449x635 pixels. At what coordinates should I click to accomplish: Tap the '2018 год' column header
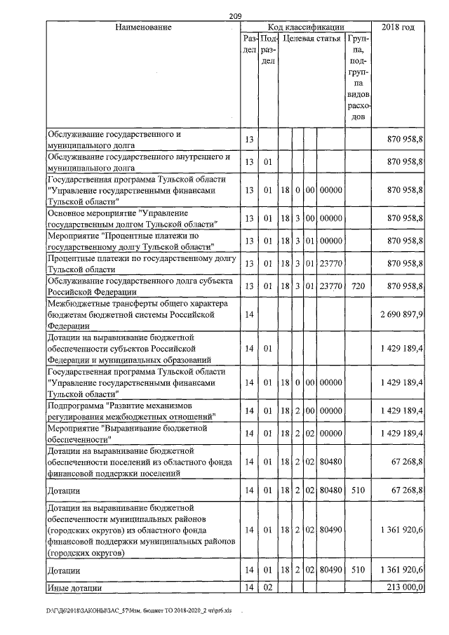point(398,27)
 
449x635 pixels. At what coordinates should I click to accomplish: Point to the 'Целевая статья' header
point(311,38)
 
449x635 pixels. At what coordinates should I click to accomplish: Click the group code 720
point(357,286)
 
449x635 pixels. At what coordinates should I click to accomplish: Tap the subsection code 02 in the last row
point(267,587)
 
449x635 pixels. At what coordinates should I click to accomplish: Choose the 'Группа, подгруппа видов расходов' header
point(358,77)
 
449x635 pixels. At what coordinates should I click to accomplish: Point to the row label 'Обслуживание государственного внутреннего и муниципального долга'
point(138,162)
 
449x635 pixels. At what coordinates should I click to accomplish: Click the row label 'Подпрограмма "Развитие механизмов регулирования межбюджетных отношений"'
point(130,410)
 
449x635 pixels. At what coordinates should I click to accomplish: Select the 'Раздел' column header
point(248,44)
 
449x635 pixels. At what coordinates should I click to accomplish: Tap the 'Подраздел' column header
point(267,50)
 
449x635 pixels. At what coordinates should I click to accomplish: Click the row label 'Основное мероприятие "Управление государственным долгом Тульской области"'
point(131,218)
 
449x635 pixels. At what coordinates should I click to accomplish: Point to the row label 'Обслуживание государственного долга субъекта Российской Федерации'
point(138,286)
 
